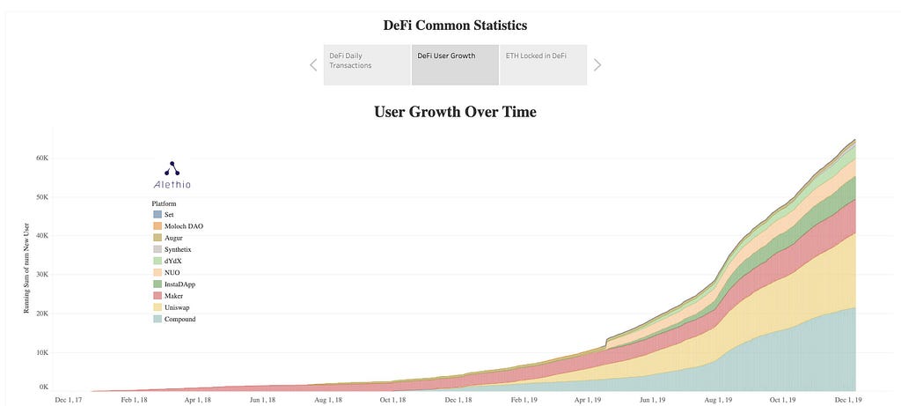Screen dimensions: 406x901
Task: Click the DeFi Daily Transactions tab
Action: (367, 65)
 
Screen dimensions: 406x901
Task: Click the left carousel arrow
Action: (313, 65)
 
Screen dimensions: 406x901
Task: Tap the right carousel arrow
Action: (597, 65)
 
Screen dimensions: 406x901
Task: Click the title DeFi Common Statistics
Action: (455, 26)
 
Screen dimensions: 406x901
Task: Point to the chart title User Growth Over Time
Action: (455, 112)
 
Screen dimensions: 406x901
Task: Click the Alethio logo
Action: (172, 175)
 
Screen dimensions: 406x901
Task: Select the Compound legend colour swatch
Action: (157, 319)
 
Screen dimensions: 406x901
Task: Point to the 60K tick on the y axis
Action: (40, 159)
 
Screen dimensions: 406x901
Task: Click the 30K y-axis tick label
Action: (40, 275)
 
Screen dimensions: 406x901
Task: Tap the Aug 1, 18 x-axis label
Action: (328, 399)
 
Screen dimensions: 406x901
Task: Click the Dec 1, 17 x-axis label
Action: (69, 399)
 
